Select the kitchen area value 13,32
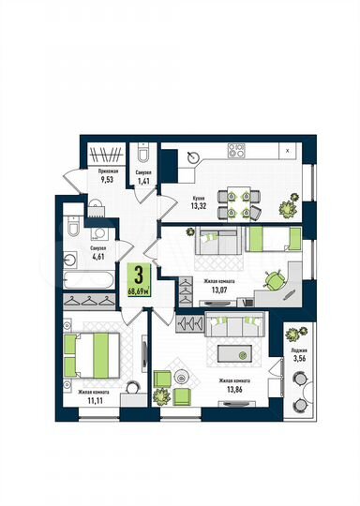(200, 208)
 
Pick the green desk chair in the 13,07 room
(273, 278)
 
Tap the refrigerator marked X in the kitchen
(286, 151)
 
